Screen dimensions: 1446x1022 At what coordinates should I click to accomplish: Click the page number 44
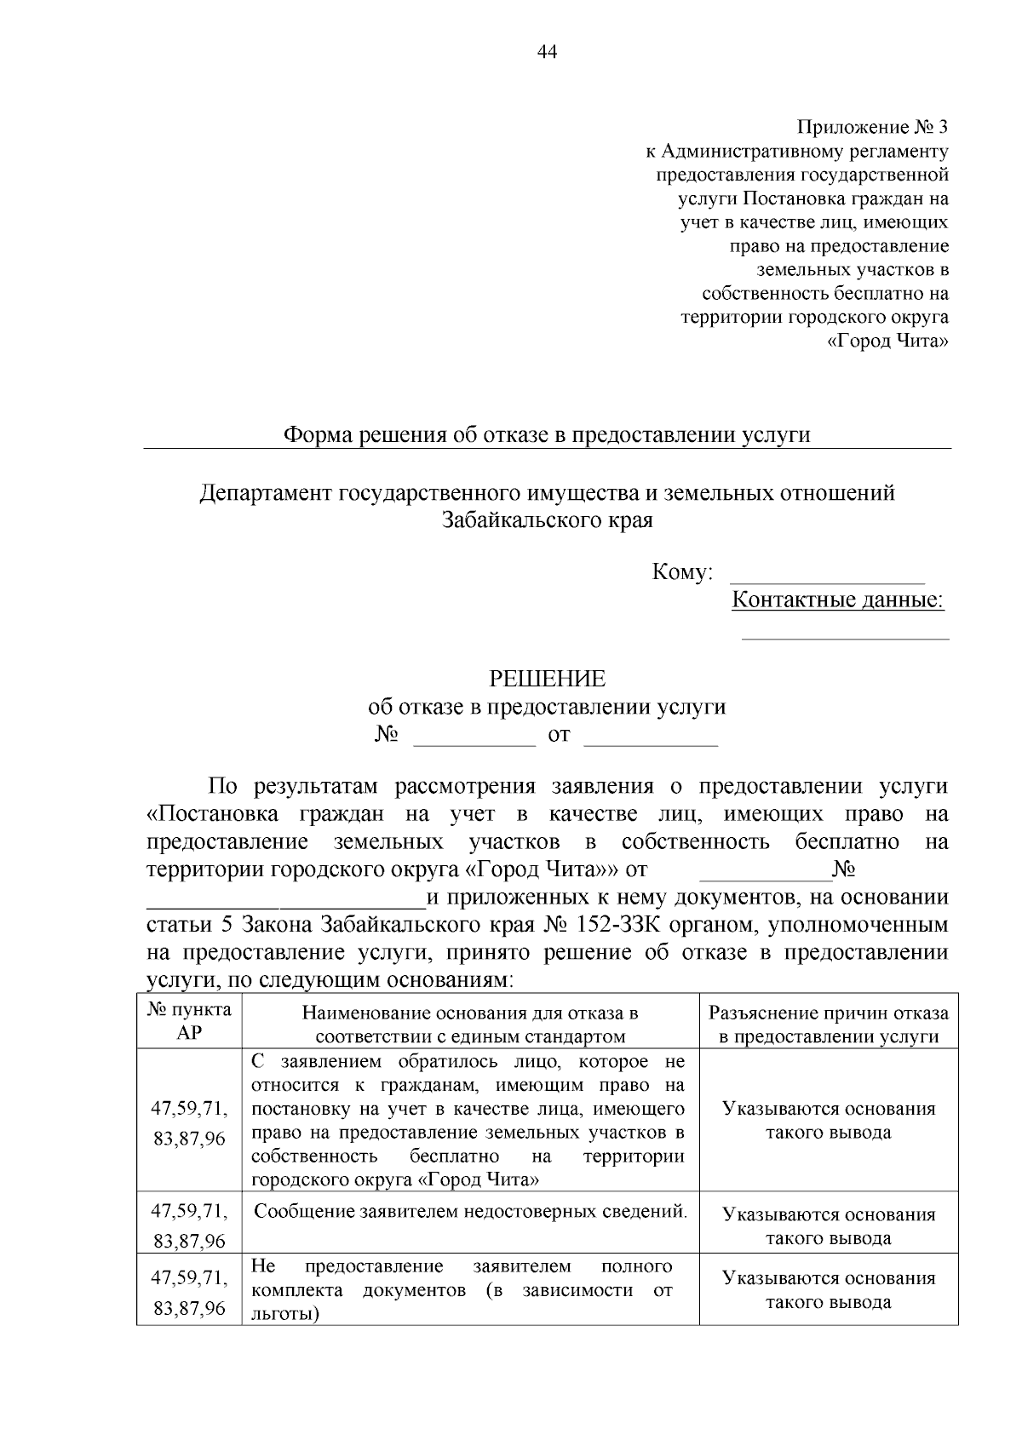[x=547, y=52]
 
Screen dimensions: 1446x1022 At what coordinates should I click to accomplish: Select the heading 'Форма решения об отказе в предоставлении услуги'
[x=546, y=435]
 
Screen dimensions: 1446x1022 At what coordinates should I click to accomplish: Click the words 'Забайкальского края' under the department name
[x=547, y=520]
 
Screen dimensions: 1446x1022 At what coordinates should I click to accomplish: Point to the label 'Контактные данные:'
[x=838, y=600]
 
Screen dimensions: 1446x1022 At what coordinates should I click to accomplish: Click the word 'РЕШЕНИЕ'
[x=547, y=679]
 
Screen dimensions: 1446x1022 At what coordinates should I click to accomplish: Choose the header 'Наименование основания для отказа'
[x=470, y=1024]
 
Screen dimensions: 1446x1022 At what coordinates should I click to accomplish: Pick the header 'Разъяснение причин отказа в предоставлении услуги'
[x=828, y=1024]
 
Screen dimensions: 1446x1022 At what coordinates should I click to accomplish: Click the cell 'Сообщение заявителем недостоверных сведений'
[x=470, y=1211]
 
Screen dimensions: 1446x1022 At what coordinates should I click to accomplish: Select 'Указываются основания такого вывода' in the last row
[x=828, y=1289]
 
